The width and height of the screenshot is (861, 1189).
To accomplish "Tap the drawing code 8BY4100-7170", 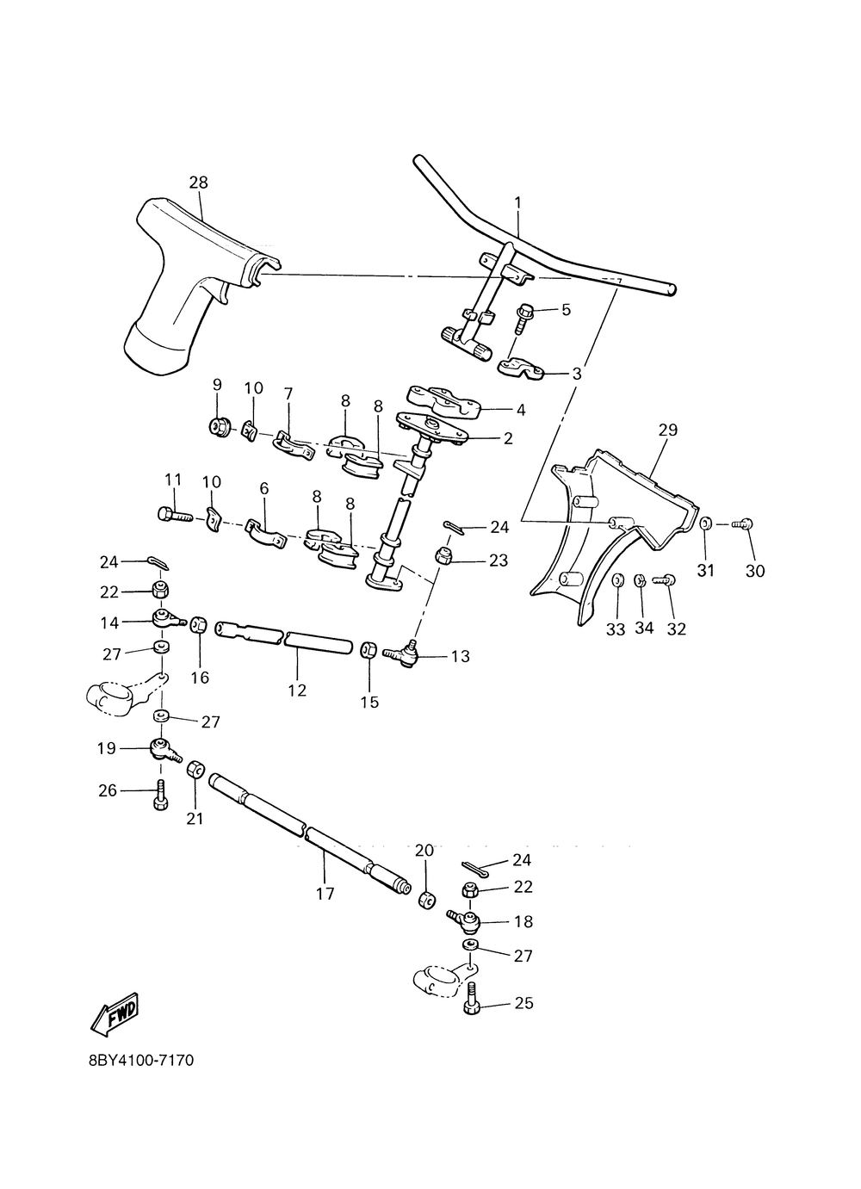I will tap(141, 1060).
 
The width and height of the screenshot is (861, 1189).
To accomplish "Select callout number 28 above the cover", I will tap(199, 183).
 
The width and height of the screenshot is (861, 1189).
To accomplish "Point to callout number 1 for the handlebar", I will tap(518, 202).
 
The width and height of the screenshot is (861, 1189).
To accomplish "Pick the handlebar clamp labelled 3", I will tap(520, 368).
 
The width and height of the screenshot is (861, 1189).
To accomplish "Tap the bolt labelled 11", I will tap(173, 515).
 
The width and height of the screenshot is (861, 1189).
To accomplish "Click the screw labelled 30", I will tap(745, 523).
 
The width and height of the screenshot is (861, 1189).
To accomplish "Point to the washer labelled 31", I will tap(705, 523).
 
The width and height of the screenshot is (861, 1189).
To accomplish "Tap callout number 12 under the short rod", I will tap(297, 690).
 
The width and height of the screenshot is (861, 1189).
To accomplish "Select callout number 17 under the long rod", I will tap(325, 893).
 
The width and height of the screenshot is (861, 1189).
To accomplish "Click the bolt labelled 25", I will tap(472, 1005).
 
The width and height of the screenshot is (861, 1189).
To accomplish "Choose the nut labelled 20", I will tap(426, 900).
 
